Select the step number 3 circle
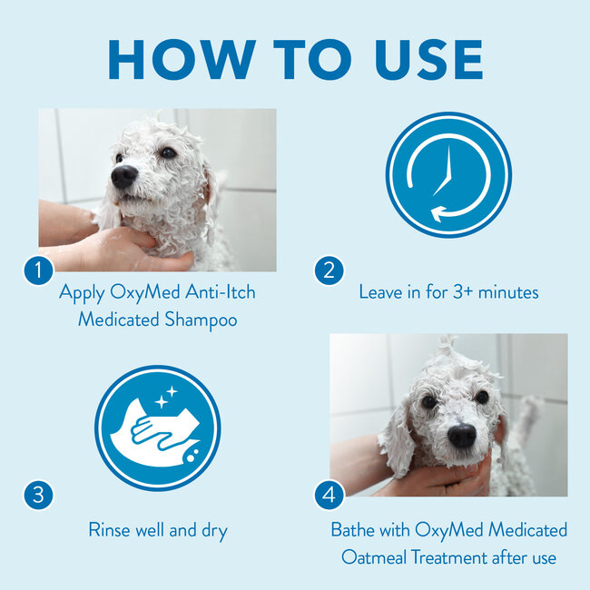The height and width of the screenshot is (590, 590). (38, 496)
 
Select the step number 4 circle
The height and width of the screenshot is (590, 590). (329, 496)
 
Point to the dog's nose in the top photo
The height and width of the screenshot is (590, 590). (123, 177)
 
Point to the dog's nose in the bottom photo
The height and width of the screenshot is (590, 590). (461, 436)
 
